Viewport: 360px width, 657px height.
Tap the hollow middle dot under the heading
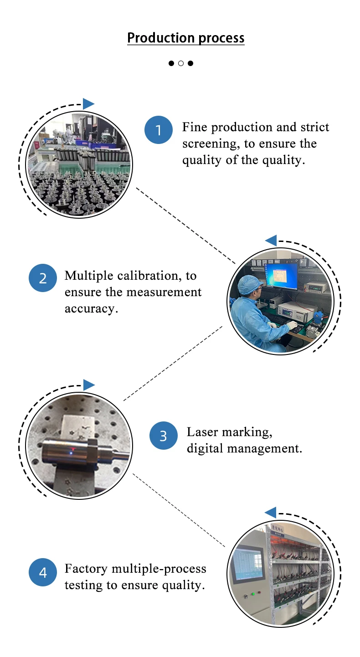pyautogui.click(x=180, y=63)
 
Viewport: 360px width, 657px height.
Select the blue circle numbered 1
pyautogui.click(x=159, y=130)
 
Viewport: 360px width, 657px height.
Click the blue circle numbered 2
pyautogui.click(x=42, y=278)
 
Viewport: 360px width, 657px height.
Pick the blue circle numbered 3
pyautogui.click(x=164, y=436)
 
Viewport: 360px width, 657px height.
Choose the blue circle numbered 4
pyautogui.click(x=42, y=572)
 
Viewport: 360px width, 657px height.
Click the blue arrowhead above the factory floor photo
pyautogui.click(x=88, y=104)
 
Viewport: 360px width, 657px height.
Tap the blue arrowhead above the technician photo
pyautogui.click(x=271, y=241)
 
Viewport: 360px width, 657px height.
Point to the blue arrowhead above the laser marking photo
pyautogui.click(x=89, y=385)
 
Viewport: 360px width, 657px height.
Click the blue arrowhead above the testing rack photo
pyautogui.click(x=271, y=512)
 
